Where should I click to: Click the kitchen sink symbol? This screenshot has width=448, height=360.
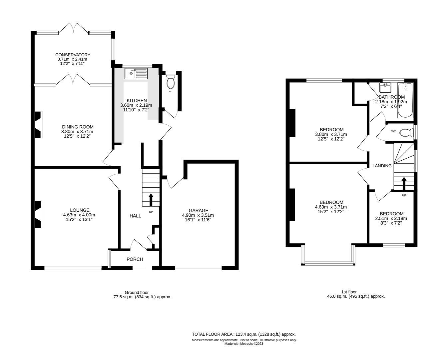pos(136,73)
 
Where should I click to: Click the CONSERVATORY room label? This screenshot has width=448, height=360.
pos(73,55)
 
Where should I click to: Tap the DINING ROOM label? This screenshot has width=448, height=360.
pos(78,127)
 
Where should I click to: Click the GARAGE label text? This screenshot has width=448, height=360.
pos(199,210)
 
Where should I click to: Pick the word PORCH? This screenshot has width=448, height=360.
pos(135,259)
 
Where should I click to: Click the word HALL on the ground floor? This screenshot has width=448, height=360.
pos(135,216)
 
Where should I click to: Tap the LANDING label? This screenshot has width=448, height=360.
pos(382,166)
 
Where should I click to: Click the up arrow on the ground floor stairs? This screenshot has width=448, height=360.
pos(150,200)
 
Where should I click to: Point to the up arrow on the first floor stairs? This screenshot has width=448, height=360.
pos(404,183)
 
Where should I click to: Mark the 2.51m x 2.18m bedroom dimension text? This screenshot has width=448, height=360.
pos(392,219)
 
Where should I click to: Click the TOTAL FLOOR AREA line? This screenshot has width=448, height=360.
pos(243,334)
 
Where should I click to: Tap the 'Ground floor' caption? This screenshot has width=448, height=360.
pos(137,292)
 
